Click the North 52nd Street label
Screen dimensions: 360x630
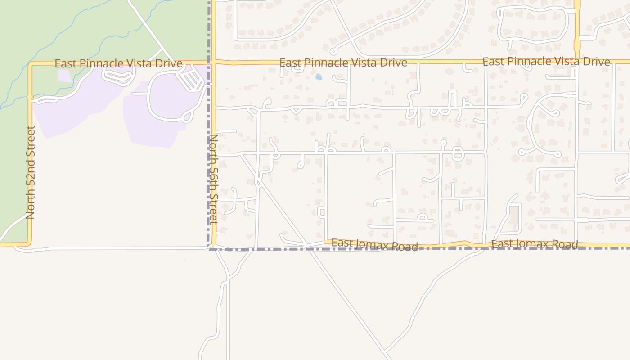31,172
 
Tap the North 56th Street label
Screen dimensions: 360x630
213,179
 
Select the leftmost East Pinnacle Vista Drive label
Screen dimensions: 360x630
118,63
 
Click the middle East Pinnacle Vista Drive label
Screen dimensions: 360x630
343,63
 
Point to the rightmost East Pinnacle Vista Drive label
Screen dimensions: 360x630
546,62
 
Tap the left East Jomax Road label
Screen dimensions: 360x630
374,245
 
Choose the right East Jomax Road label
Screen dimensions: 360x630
534,245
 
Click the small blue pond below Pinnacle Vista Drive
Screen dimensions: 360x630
319,77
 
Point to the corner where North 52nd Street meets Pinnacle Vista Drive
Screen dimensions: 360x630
31,64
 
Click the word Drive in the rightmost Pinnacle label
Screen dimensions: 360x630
597,62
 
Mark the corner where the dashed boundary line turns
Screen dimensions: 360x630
210,248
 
